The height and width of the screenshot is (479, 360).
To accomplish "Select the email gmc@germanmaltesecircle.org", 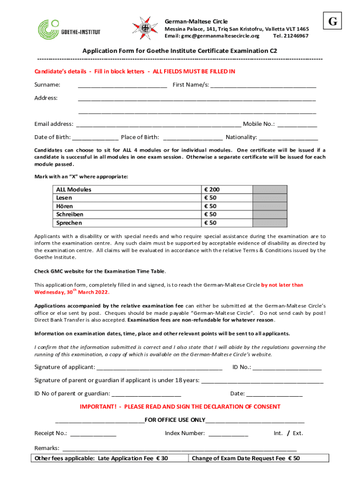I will tap(211, 36).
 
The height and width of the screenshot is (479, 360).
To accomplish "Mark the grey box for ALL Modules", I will tap(270, 189).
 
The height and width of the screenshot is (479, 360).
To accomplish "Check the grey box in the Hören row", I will tap(270, 206).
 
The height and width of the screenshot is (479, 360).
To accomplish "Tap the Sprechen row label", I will tap(69, 223).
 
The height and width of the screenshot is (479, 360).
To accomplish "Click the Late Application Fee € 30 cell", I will tap(101, 458).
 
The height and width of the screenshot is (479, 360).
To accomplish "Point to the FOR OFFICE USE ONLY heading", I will tap(175, 420).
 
